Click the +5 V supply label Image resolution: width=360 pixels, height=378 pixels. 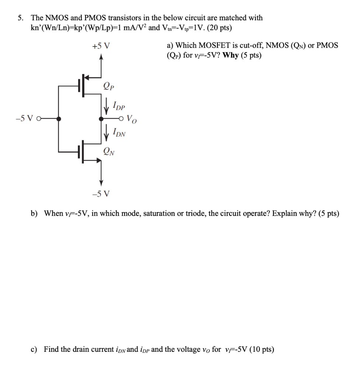(101, 46)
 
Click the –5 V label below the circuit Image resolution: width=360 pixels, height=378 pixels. (101, 193)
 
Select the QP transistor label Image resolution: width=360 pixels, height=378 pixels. (109, 87)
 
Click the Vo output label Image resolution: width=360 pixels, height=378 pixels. (131, 119)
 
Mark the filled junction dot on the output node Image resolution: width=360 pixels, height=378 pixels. (101, 119)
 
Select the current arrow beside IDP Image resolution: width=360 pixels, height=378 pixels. (107, 107)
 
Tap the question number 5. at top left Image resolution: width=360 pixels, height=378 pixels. (22, 18)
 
